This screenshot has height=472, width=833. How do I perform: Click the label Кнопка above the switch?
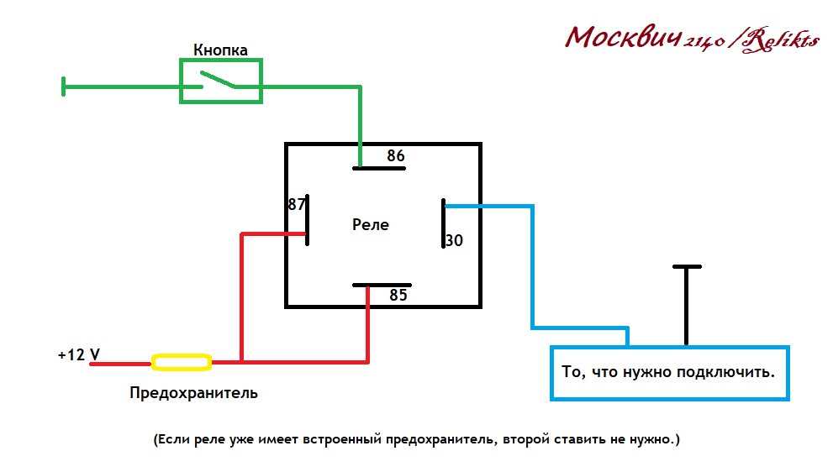(x=220, y=50)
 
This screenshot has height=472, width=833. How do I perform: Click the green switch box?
(x=221, y=60)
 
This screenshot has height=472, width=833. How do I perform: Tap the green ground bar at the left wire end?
(x=64, y=87)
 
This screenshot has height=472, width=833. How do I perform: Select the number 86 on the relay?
(x=396, y=155)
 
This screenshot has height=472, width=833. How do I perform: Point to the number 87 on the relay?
(x=297, y=204)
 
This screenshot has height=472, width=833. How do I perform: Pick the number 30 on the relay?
(x=454, y=240)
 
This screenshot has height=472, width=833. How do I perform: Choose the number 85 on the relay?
(x=398, y=295)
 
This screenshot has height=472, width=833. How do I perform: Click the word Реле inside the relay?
(x=371, y=224)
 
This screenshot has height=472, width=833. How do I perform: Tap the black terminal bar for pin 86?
(x=379, y=168)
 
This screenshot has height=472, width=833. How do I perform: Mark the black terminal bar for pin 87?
(x=307, y=220)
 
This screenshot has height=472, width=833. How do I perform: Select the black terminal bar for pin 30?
(x=444, y=223)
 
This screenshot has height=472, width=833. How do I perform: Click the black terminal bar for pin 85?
(x=382, y=285)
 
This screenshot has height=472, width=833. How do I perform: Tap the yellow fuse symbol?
(x=182, y=362)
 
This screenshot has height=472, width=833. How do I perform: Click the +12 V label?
(x=79, y=354)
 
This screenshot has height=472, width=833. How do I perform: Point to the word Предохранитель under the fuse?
(x=193, y=393)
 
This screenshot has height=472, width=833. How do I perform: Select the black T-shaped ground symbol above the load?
(x=687, y=305)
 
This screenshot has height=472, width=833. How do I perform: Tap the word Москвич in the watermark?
(x=623, y=38)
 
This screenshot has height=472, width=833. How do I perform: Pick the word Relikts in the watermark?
(x=780, y=40)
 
